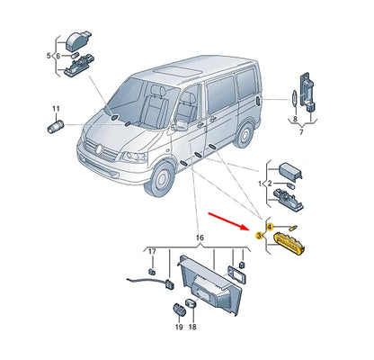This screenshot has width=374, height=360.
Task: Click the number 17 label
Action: pos(152,253)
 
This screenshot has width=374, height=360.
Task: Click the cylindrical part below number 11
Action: pos(52,123)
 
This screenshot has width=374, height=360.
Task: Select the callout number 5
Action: pos(49,56)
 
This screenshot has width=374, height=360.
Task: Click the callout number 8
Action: pos(294,119)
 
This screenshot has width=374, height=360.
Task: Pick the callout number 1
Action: pos(261,184)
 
